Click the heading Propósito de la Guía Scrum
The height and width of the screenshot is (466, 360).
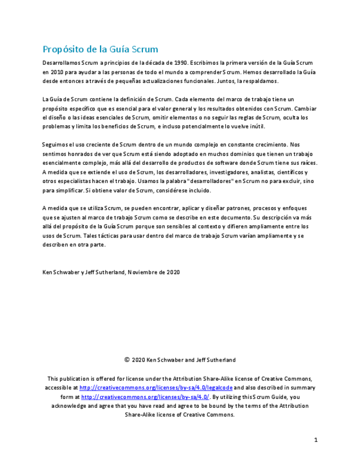tap(100, 49)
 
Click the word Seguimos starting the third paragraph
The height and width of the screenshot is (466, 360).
tap(55, 145)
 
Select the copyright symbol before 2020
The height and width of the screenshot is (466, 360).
tap(127, 360)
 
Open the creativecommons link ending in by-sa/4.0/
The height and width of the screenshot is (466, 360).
tap(146, 397)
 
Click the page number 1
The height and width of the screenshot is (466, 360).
tap(316, 440)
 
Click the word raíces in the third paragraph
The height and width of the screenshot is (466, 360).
tap(307, 163)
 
